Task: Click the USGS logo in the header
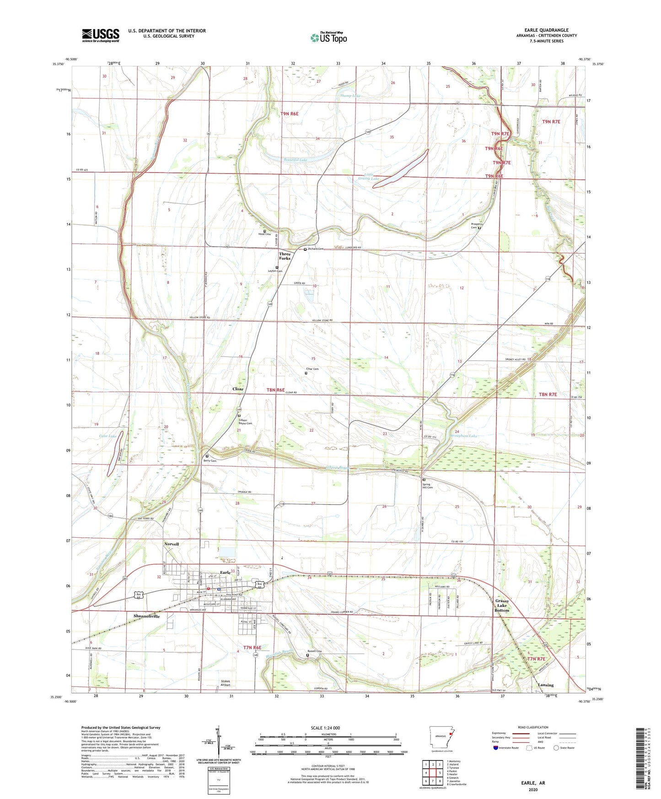(100, 35)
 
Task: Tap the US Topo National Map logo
(328, 38)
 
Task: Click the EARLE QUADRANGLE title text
(546, 30)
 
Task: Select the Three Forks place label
(285, 256)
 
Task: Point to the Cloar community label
(238, 389)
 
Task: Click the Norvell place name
(172, 544)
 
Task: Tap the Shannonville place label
(146, 616)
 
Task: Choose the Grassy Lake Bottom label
(501, 605)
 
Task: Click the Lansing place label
(546, 685)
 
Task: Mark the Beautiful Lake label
(295, 160)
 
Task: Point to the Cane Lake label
(108, 436)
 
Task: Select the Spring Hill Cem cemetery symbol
(424, 480)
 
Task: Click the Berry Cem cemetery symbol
(207, 456)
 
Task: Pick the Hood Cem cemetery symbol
(264, 231)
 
